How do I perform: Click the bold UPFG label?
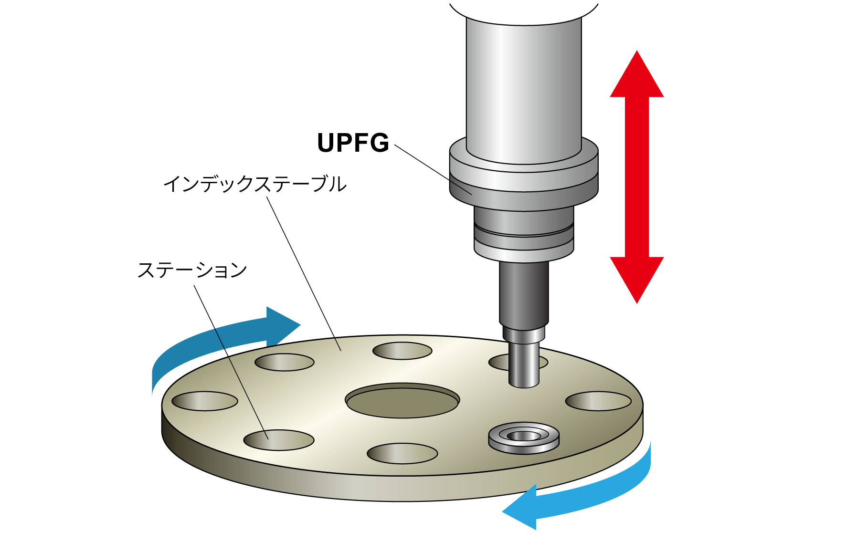point(353,143)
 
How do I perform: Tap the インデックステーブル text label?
point(254,184)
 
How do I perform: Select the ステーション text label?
point(192,270)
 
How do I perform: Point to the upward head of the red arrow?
point(637,76)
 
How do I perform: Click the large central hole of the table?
point(402,401)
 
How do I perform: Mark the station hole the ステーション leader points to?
point(278,440)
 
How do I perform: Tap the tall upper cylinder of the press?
point(524,86)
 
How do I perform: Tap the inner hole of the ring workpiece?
point(524,436)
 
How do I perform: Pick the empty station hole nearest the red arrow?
point(598,401)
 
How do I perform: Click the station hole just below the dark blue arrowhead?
point(285,363)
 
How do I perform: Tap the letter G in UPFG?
point(379,143)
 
